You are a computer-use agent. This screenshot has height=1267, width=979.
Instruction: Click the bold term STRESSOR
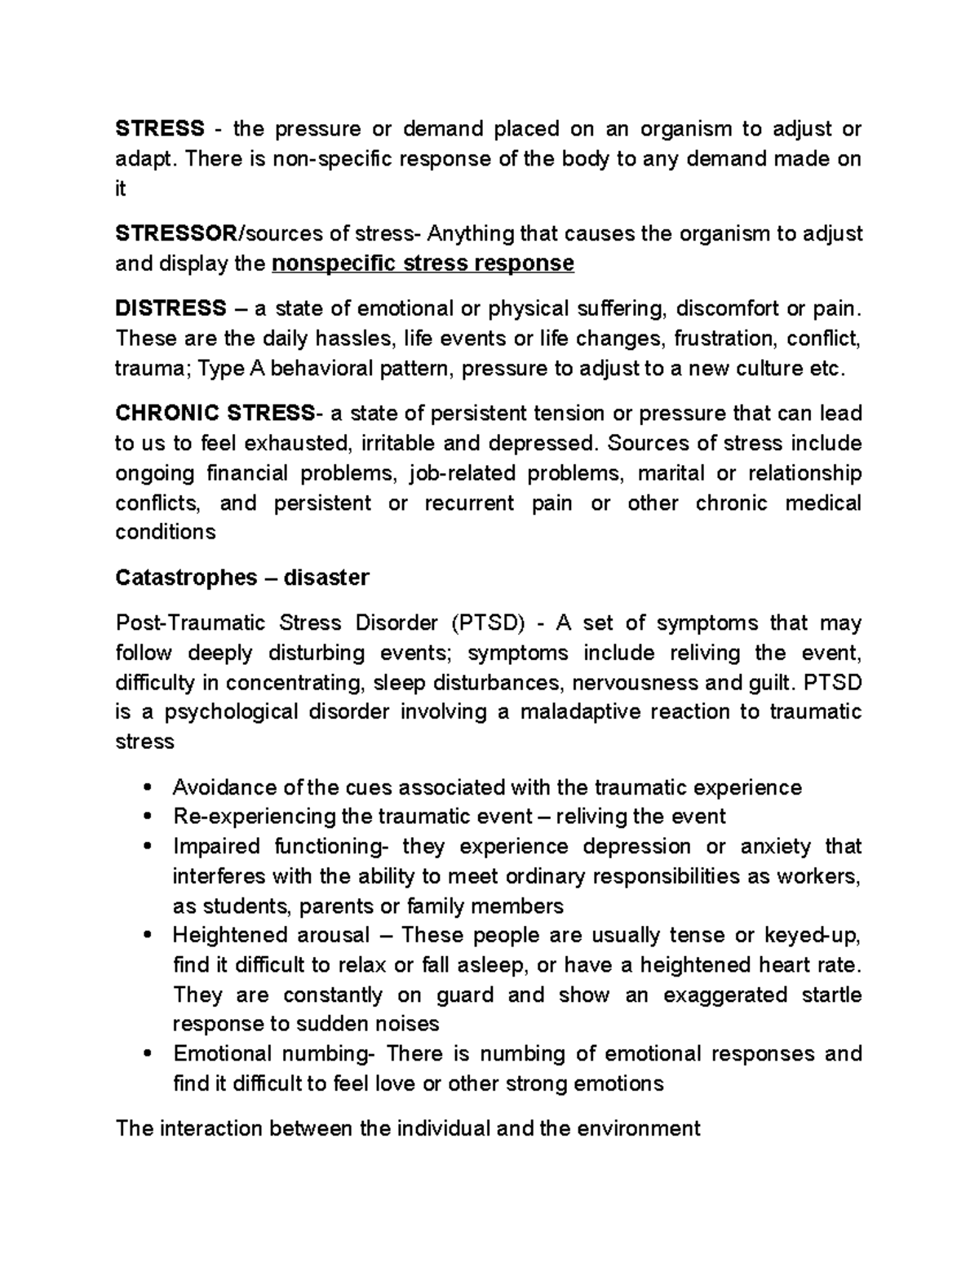pos(175,234)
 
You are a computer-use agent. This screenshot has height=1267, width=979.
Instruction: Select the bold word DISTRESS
pos(171,308)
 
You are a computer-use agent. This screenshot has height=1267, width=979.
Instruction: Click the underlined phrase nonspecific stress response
pos(423,264)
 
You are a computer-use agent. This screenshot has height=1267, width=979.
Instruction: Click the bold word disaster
pos(326,578)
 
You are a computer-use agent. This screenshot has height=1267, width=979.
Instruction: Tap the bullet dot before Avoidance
pos(146,788)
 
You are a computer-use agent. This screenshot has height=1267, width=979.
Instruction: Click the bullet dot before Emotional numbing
pos(146,1054)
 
